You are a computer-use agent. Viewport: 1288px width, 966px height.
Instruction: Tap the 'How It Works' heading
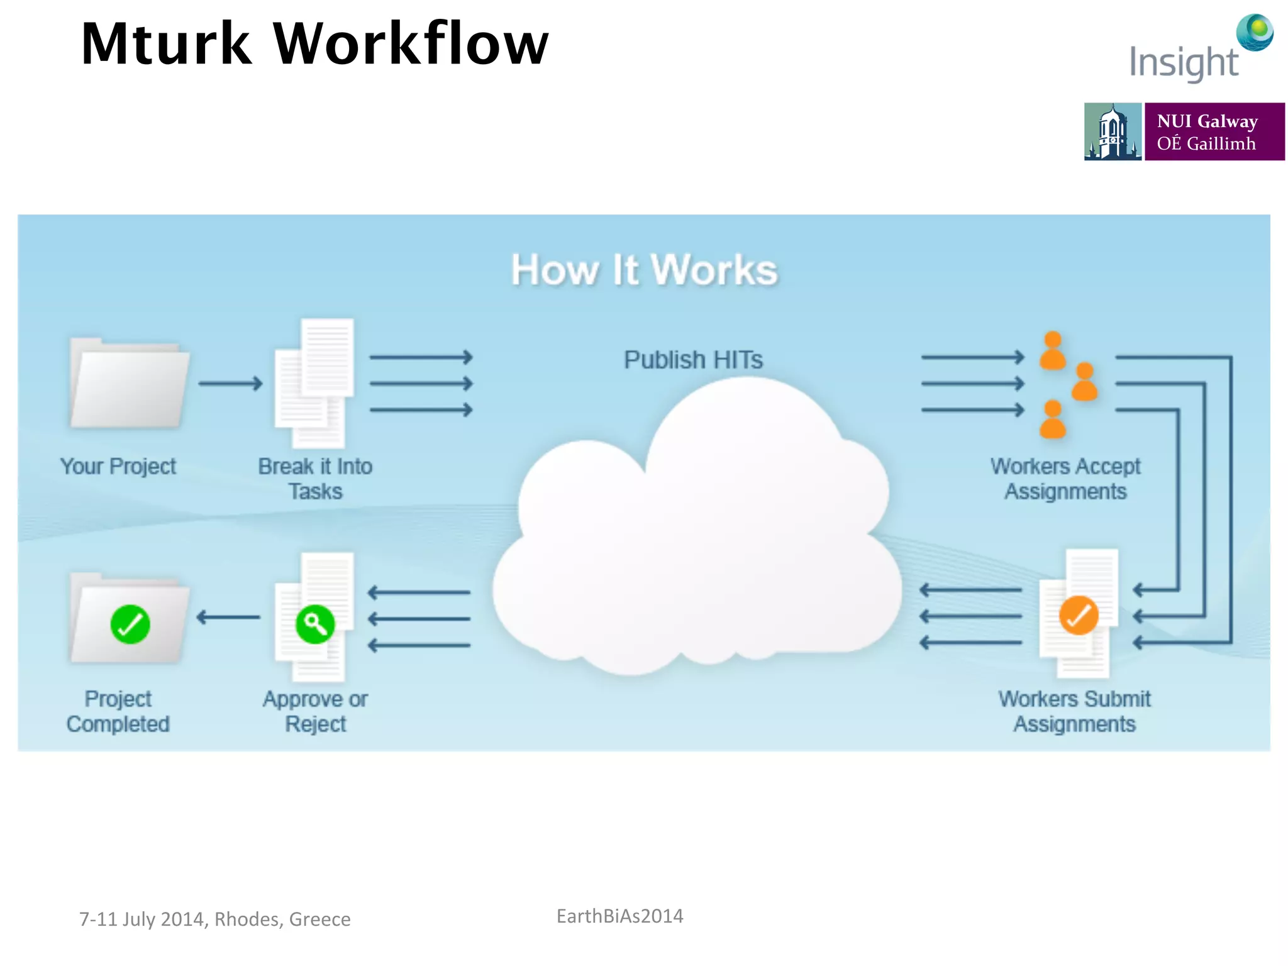644,270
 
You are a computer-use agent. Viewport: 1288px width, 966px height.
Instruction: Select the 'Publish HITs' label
693,360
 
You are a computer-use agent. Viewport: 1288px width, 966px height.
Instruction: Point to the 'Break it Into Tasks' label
315,479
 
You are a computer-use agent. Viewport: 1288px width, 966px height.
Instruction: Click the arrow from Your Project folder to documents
230,383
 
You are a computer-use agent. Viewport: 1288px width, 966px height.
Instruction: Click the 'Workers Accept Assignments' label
1065,479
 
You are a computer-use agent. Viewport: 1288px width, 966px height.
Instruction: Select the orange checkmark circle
1078,615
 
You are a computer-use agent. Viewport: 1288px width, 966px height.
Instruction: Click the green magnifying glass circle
315,624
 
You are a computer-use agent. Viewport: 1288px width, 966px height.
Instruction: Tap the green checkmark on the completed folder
130,624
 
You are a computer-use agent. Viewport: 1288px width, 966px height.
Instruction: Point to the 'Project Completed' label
118,711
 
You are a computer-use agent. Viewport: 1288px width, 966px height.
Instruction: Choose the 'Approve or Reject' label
315,711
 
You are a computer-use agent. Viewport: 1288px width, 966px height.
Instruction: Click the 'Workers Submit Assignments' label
1074,711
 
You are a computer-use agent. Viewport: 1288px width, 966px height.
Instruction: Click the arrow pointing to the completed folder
228,618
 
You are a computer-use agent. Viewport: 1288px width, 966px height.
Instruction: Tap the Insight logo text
1184,63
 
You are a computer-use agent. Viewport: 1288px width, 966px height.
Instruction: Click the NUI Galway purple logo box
1214,131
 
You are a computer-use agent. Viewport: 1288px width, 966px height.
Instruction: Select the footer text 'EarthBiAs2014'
619,916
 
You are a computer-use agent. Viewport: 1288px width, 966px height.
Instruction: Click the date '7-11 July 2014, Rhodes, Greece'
214,919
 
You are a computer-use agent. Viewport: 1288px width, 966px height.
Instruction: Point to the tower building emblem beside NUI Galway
1112,131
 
